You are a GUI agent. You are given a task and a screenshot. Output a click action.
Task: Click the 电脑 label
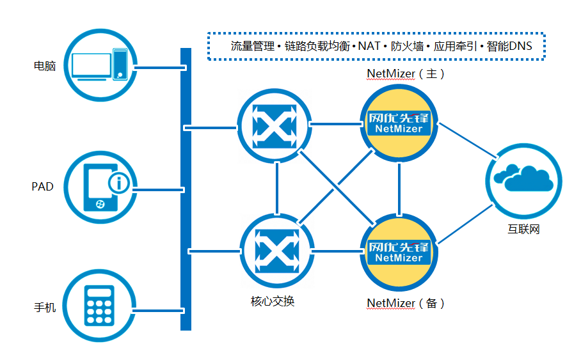pyautogui.click(x=45, y=66)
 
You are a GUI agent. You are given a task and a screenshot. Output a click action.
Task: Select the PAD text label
pyautogui.click(x=42, y=187)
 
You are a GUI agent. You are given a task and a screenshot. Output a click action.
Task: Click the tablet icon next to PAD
pyautogui.click(x=102, y=186)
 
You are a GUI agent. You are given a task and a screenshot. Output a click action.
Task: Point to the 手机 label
pyautogui.click(x=45, y=308)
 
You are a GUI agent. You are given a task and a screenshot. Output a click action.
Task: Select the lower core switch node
pyautogui.click(x=277, y=250)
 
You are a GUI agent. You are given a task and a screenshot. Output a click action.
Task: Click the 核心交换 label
pyautogui.click(x=273, y=301)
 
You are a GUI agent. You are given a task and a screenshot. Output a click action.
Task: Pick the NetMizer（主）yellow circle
pyautogui.click(x=399, y=124)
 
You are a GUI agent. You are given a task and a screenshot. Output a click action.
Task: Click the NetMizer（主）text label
pyautogui.click(x=406, y=74)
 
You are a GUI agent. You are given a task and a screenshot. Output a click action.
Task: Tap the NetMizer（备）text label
pyautogui.click(x=406, y=303)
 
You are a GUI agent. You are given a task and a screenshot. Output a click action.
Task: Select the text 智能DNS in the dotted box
pyautogui.click(x=509, y=46)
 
